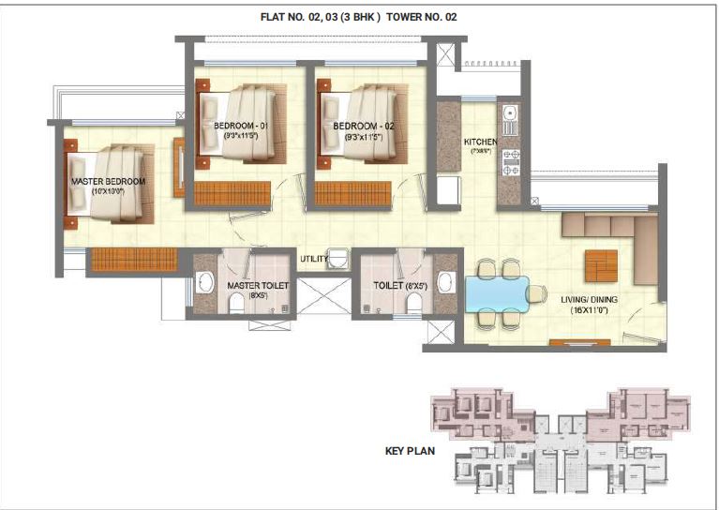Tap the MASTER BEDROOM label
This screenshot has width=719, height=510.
pos(109,181)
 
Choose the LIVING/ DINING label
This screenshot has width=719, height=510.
pos(610,300)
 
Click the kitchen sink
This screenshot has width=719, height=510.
pos(510,117)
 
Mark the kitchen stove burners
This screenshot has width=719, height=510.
pos(511,161)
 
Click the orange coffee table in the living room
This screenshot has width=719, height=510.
pos(601,265)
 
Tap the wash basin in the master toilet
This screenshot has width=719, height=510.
pos(206,284)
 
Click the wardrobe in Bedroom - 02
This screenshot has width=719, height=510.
pos(352,193)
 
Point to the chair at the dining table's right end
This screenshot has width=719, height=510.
pos(535,293)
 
